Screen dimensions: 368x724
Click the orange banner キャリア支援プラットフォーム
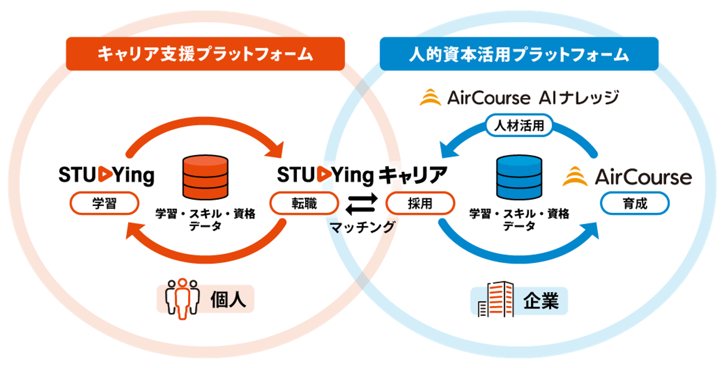(205, 54)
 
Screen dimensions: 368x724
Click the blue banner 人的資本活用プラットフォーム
(519, 54)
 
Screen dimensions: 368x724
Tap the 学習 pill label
(104, 203)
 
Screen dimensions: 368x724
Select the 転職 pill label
(304, 203)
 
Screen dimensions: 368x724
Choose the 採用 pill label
(420, 203)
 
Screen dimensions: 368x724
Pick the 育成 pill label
(635, 203)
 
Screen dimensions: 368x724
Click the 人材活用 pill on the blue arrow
(519, 125)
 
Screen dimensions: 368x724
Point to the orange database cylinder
(205, 177)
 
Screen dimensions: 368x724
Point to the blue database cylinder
(519, 177)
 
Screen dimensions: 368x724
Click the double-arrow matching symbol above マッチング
(362, 204)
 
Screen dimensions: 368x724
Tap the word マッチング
(362, 227)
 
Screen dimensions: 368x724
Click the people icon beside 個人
(182, 298)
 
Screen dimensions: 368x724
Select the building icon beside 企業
(496, 299)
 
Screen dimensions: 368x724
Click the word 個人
(228, 300)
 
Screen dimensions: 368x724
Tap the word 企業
(541, 301)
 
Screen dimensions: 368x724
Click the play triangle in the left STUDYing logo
(105, 174)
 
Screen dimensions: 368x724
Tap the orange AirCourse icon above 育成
(575, 177)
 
